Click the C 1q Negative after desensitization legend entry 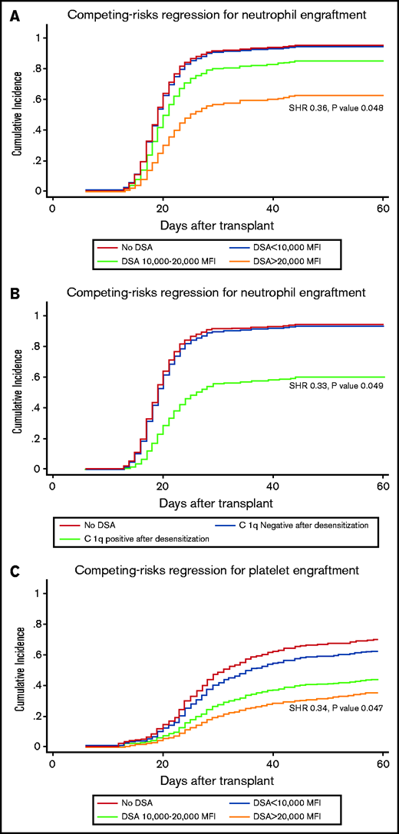pyautogui.click(x=300, y=525)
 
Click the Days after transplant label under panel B pyautogui.click(x=217, y=505)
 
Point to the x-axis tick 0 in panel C pyautogui.click(x=52, y=763)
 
